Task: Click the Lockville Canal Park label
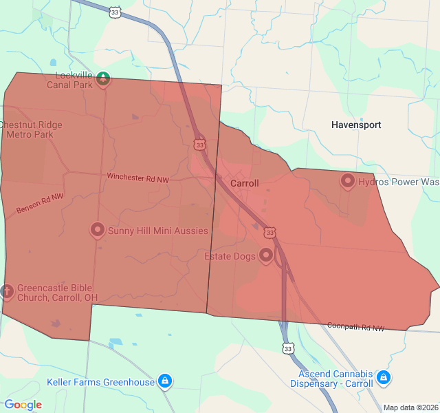(x=69, y=80)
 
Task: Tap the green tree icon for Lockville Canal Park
(x=103, y=78)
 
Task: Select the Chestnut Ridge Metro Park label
(x=30, y=129)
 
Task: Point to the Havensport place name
(x=356, y=125)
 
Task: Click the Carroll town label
(x=245, y=184)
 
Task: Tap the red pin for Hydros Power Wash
(x=347, y=181)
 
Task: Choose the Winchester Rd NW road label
(x=137, y=178)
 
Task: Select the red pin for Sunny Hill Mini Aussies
(x=98, y=230)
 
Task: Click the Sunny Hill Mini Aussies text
(x=157, y=231)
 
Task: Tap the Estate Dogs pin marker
(x=266, y=257)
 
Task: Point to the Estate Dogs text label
(x=230, y=256)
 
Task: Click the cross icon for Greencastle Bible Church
(x=8, y=292)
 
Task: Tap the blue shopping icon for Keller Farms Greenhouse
(x=165, y=381)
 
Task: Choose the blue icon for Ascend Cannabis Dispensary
(x=384, y=378)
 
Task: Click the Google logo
(x=23, y=405)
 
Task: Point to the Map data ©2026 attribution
(x=410, y=407)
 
